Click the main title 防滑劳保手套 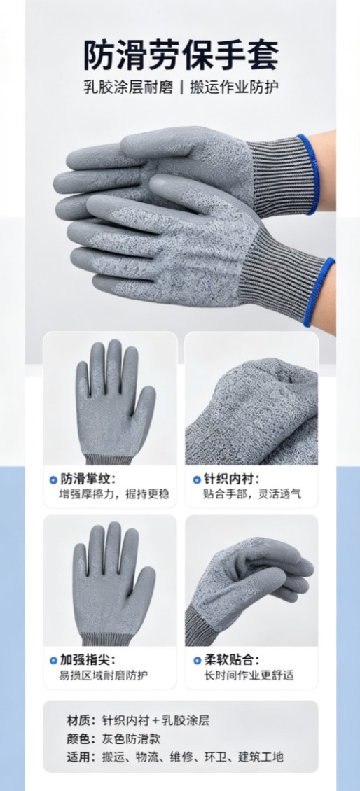[x=180, y=55]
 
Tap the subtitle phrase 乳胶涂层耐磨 [x=128, y=87]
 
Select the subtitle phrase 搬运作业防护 [x=234, y=87]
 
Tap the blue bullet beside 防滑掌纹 [x=53, y=479]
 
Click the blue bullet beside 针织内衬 [x=197, y=479]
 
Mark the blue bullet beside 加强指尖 [x=53, y=660]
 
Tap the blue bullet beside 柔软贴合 [x=197, y=660]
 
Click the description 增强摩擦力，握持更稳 [x=113, y=494]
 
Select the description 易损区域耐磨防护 [x=104, y=675]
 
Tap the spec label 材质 [x=78, y=720]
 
